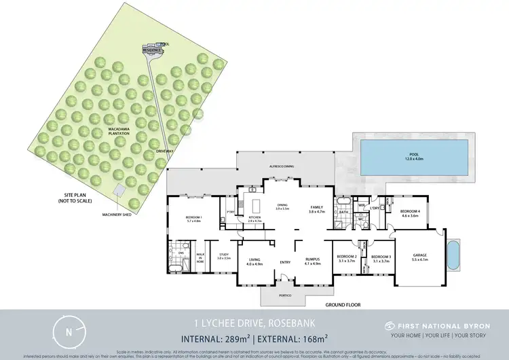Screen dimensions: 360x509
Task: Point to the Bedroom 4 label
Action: point(411,213)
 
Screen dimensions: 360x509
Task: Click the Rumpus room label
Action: point(312,260)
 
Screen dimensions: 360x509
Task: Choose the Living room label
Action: point(254,260)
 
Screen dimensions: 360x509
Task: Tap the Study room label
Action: point(224,257)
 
